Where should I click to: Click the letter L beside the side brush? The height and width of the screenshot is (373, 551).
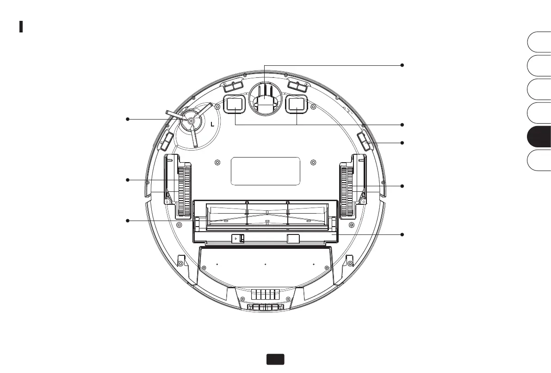pyautogui.click(x=212, y=124)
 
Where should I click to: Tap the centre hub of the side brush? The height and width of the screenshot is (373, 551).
pyautogui.click(x=191, y=121)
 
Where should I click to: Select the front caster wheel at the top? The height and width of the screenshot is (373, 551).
pyautogui.click(x=265, y=95)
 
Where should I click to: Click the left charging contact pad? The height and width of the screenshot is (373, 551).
pyautogui.click(x=235, y=104)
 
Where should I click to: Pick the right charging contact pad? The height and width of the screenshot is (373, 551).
pyautogui.click(x=297, y=104)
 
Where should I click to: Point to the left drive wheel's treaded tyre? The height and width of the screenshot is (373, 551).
pyautogui.click(x=184, y=191)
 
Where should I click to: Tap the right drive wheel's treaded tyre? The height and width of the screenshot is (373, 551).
pyautogui.click(x=347, y=191)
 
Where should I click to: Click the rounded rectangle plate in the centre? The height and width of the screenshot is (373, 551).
pyautogui.click(x=265, y=171)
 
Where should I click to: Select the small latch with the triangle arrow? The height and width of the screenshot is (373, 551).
pyautogui.click(x=237, y=239)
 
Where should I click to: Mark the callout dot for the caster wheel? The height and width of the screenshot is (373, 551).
pyautogui.click(x=402, y=65)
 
